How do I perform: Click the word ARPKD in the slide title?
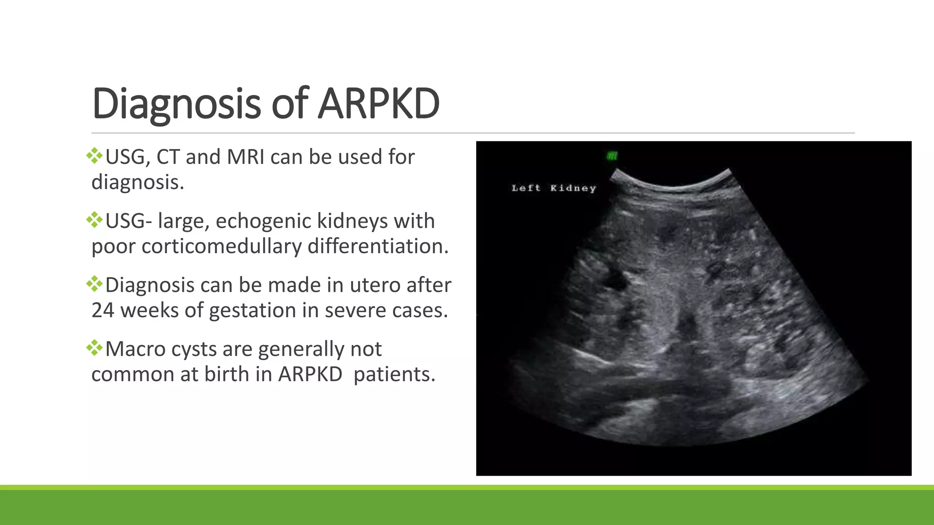[x=379, y=104]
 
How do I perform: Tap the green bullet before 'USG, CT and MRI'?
[x=94, y=156]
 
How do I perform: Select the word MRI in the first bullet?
[x=245, y=157]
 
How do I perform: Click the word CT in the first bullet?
[x=168, y=157]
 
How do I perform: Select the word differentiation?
[x=378, y=246]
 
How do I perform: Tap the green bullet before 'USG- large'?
[x=94, y=220]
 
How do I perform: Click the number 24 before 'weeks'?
[x=103, y=310]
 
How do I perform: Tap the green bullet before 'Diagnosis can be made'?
[x=94, y=284]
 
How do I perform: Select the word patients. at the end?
[x=394, y=374]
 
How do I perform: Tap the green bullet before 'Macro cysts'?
[x=94, y=348]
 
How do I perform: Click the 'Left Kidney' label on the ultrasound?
[x=553, y=188]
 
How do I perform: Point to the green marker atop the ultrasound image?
[x=612, y=156]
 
